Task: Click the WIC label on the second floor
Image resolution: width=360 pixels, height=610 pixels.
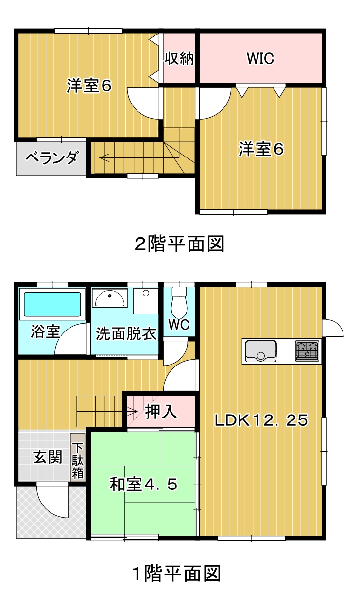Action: (260, 58)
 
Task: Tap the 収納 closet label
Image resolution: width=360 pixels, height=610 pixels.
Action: (179, 58)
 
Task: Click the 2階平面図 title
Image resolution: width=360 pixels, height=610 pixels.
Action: (180, 244)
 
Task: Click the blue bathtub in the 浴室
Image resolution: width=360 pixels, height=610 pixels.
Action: (52, 304)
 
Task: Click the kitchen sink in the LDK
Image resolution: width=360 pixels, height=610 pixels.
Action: (261, 351)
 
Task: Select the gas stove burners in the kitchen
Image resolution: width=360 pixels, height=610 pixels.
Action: (307, 351)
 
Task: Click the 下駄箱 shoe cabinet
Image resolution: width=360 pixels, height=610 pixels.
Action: (78, 457)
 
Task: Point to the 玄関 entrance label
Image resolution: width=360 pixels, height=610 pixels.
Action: (48, 457)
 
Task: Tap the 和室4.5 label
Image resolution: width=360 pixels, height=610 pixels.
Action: (144, 485)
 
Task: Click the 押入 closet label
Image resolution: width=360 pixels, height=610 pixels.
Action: (161, 411)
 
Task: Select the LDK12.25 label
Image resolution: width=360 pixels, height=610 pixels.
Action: (261, 420)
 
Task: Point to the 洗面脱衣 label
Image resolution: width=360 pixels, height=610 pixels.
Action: (126, 333)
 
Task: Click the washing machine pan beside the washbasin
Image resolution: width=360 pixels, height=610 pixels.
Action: (146, 300)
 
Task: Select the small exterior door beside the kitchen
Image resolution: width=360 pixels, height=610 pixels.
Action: (333, 328)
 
